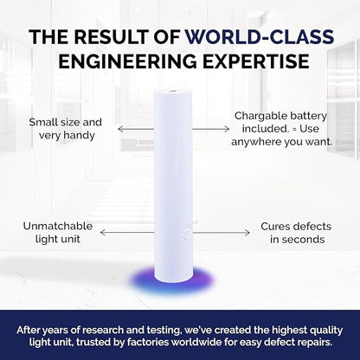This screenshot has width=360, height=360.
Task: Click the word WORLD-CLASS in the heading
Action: pyautogui.click(x=260, y=36)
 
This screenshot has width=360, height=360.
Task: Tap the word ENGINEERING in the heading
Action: pyautogui.click(x=127, y=61)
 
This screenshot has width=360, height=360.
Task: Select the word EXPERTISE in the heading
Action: pyautogui.click(x=255, y=61)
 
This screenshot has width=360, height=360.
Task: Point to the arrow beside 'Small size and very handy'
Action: pyautogui.click(x=136, y=129)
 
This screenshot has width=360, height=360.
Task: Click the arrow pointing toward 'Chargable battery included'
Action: pyautogui.click(x=211, y=129)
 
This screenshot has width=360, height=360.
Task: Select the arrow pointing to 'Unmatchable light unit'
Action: pyautogui.click(x=127, y=232)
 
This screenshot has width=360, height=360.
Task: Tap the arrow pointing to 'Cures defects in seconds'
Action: pyautogui.click(x=222, y=232)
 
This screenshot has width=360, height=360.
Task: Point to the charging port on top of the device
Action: pyautogui.click(x=173, y=92)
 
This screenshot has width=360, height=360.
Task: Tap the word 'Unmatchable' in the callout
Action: pyautogui.click(x=58, y=226)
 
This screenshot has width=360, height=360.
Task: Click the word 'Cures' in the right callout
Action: pyautogui.click(x=275, y=227)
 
